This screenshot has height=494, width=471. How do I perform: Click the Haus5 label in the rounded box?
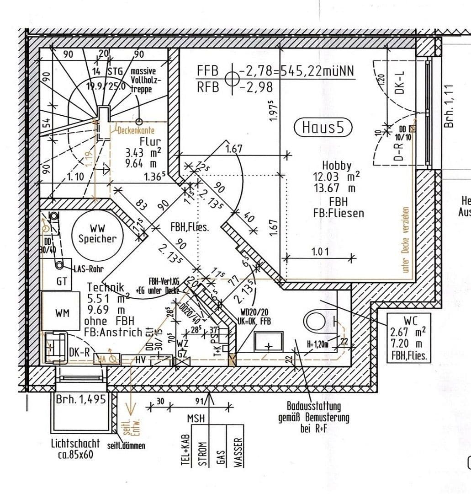coord(323,127)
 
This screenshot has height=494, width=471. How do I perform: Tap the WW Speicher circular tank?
coord(97,233)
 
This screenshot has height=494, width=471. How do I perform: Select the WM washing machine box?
coord(63,313)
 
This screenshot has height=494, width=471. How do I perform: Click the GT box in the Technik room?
coord(61,282)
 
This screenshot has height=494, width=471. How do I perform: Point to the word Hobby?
coord(337,166)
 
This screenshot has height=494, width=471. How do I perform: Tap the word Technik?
coord(106,287)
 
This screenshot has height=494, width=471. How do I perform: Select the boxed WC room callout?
coord(408,338)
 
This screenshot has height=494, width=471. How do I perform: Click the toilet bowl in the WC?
coord(319,319)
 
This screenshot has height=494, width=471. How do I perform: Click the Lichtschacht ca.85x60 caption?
coord(75,448)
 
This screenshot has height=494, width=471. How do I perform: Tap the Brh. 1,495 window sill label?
coord(80,399)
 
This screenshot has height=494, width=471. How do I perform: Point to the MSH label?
coord(196,419)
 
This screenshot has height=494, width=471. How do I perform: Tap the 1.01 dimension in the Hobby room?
coord(320,252)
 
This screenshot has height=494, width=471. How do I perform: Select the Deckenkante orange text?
coord(136,130)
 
